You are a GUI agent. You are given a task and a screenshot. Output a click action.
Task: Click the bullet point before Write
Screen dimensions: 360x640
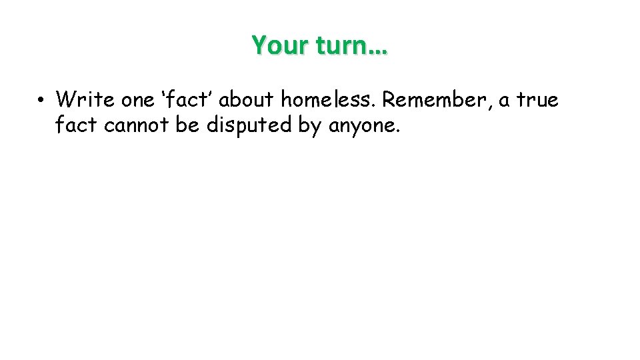[x=41, y=101]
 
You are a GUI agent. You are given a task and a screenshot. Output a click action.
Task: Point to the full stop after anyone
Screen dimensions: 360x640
[x=399, y=131]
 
